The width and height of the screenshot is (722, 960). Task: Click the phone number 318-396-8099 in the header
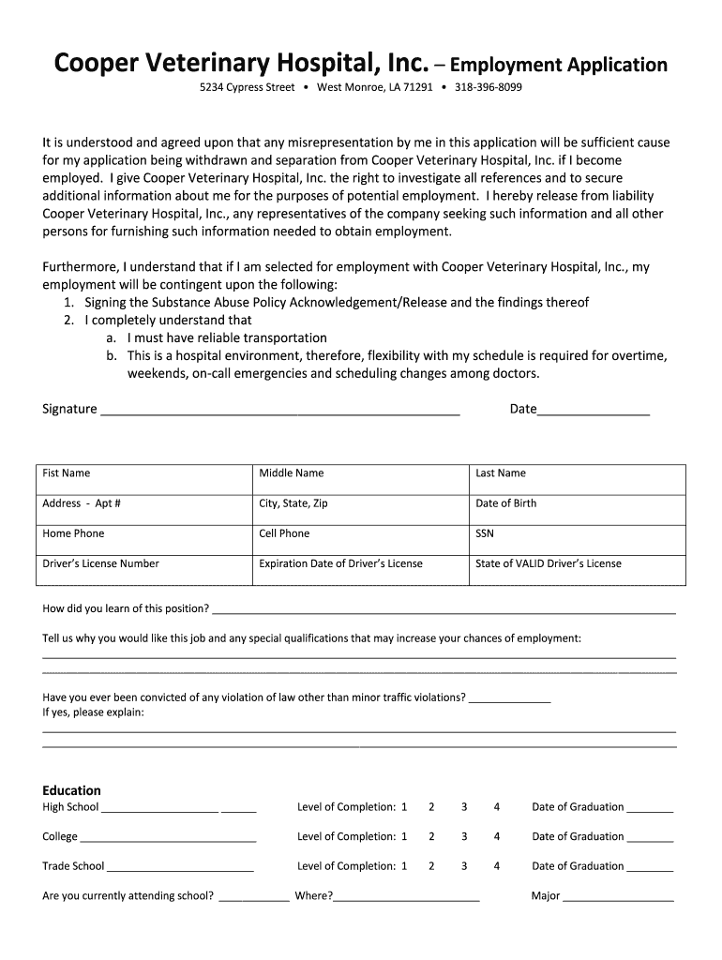tap(489, 87)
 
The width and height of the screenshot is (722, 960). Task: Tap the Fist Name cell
tap(145, 479)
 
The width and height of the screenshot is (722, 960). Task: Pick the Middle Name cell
tap(361, 479)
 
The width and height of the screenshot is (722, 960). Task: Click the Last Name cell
tap(578, 479)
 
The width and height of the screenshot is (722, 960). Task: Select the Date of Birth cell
tap(578, 509)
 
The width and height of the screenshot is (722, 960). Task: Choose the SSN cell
tap(578, 539)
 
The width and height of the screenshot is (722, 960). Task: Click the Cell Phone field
tap(361, 539)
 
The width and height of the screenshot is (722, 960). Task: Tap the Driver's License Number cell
tap(145, 569)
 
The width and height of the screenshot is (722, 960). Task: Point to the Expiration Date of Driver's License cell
tap(361, 569)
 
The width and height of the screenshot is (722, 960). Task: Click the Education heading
tap(71, 790)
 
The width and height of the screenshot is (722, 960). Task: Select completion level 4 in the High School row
tap(497, 806)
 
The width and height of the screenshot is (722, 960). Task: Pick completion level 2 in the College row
tap(431, 836)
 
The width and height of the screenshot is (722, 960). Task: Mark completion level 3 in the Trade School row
tap(464, 866)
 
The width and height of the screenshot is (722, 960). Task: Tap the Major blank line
tap(618, 897)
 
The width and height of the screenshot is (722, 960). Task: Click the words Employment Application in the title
tap(559, 65)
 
